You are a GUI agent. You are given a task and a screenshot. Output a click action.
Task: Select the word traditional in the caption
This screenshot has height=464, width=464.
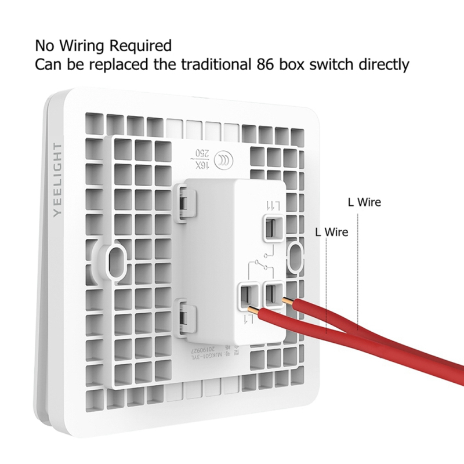pyautogui.click(x=213, y=64)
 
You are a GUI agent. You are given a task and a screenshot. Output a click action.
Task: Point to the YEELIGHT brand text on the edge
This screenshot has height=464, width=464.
pyautogui.click(x=57, y=179)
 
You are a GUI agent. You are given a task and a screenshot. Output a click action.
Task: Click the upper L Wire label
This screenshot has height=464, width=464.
pyautogui.click(x=364, y=202)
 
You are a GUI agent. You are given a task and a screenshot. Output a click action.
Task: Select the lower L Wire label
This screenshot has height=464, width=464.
pyautogui.click(x=331, y=232)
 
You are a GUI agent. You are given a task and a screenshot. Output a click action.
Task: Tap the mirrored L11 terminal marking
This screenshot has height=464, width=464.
pyautogui.click(x=272, y=205)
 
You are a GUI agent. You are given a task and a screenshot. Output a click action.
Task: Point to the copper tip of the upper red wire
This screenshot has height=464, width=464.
pyautogui.click(x=285, y=300)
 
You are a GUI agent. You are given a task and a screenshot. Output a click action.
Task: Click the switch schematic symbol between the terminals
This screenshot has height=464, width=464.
pyautogui.click(x=261, y=264)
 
